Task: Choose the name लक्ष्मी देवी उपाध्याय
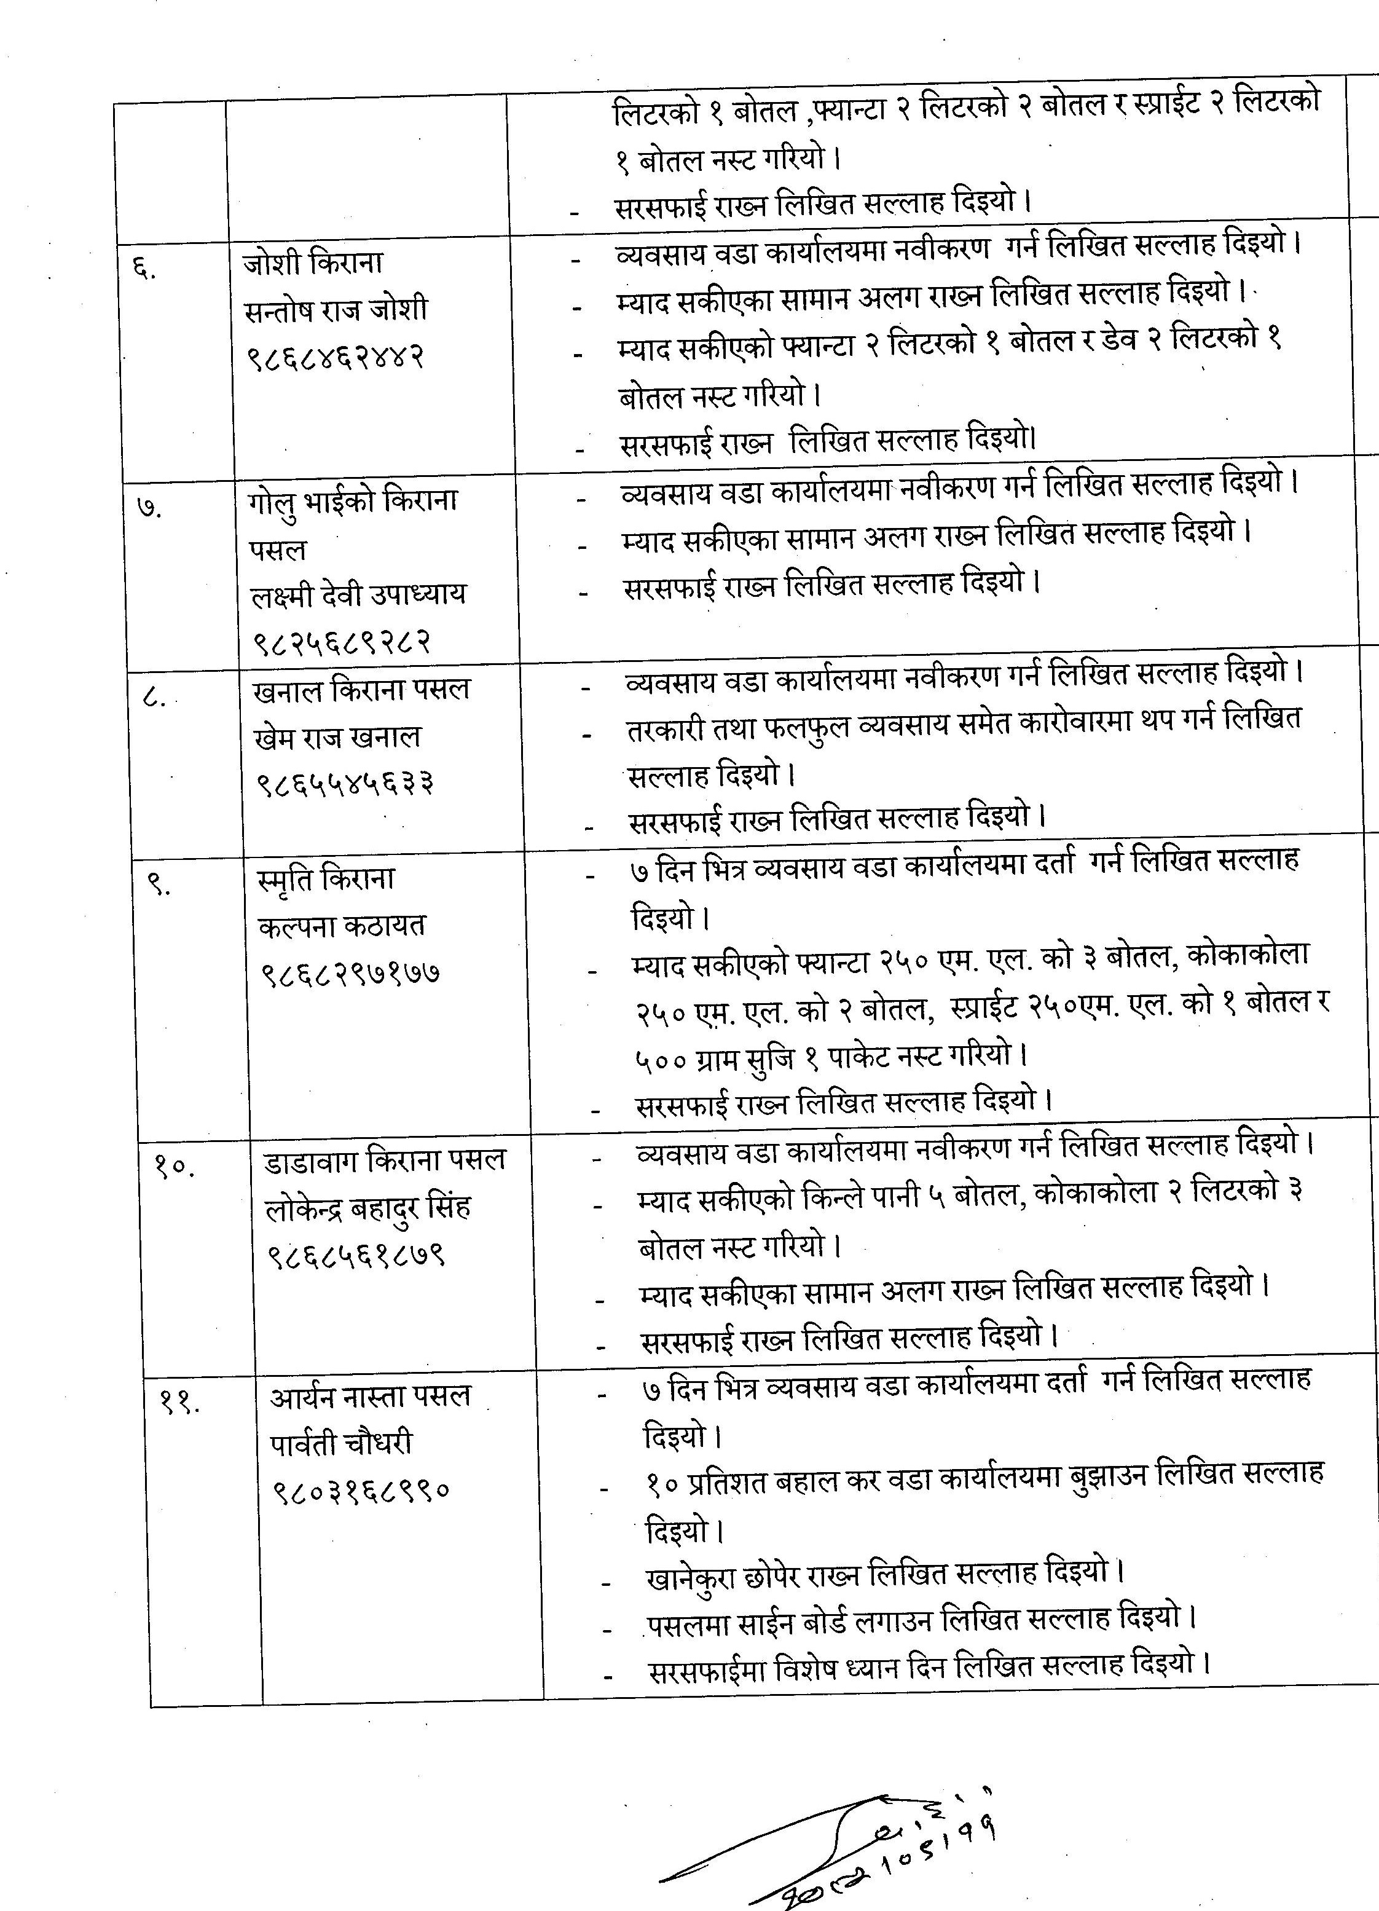coord(359,595)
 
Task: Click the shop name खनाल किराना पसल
coord(361,689)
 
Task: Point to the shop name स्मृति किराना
coord(326,879)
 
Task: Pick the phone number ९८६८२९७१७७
coord(350,973)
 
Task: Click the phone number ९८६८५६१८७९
coord(356,1256)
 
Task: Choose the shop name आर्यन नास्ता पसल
coord(370,1396)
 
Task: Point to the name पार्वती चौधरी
coord(341,1443)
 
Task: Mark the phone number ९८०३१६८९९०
coord(361,1491)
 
